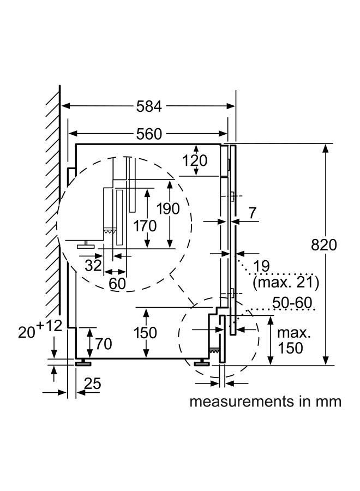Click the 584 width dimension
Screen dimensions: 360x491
(x=149, y=106)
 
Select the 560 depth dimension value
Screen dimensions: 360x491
(x=149, y=134)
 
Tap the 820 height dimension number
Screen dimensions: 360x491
(x=323, y=244)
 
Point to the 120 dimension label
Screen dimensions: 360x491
(x=195, y=160)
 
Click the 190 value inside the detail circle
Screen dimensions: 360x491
(x=168, y=208)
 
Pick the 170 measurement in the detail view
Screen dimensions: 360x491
(x=145, y=225)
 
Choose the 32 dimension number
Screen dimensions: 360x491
(x=93, y=266)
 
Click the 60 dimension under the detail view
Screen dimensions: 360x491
(x=117, y=283)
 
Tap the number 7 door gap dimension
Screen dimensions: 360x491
(x=253, y=213)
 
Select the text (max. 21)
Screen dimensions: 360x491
(x=286, y=282)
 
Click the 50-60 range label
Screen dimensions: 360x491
(x=292, y=303)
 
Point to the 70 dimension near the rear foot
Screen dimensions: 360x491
(x=104, y=344)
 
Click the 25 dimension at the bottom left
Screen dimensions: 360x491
(x=93, y=384)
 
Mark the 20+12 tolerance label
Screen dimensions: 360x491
(x=40, y=329)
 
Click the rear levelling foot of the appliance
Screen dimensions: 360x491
(x=83, y=362)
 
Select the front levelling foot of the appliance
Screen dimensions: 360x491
(x=202, y=362)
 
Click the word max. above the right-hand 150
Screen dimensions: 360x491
(x=294, y=333)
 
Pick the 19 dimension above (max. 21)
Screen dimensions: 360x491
(x=261, y=266)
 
